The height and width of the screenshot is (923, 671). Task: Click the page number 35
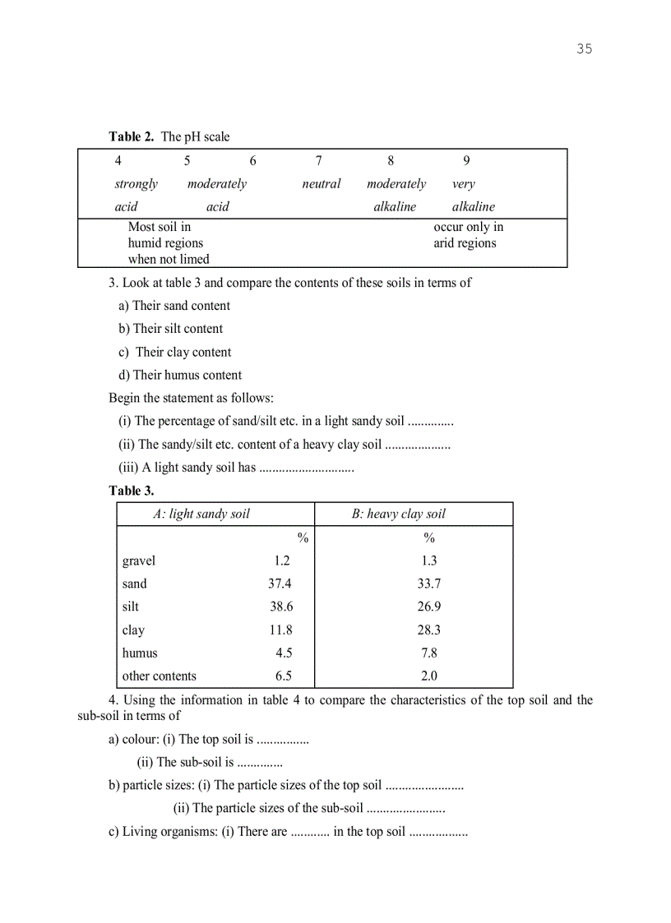(584, 48)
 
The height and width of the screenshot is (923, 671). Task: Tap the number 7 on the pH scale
(318, 161)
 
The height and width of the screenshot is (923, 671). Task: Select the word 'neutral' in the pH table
(321, 184)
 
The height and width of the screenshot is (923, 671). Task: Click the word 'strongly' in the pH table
(136, 184)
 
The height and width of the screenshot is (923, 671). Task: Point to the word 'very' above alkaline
(463, 184)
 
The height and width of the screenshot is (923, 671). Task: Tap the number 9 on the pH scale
(466, 161)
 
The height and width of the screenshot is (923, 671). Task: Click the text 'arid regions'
(465, 243)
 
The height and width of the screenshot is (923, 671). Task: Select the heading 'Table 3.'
(132, 491)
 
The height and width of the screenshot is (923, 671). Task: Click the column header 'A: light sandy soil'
(201, 515)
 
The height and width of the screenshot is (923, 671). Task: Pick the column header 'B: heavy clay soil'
(399, 515)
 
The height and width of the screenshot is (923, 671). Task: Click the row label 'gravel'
(139, 561)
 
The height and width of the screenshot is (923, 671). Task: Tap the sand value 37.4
(280, 584)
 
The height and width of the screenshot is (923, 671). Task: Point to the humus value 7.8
(428, 653)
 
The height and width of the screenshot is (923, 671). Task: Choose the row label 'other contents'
(160, 676)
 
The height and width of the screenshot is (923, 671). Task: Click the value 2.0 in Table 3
(428, 676)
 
